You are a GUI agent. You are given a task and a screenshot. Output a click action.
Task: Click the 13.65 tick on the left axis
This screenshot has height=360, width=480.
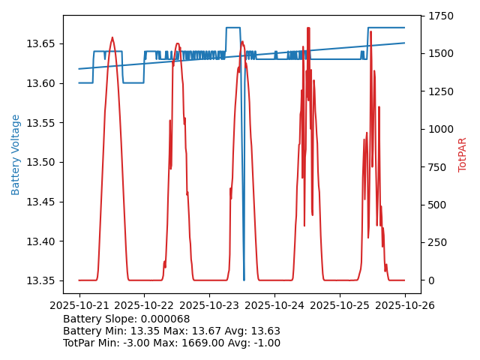tap(43, 43)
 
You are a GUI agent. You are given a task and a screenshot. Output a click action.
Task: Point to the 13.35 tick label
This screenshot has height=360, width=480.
tap(43, 281)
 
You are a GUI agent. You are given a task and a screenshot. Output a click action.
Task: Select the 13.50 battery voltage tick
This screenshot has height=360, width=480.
tap(43, 162)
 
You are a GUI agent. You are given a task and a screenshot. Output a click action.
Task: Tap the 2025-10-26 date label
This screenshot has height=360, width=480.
tap(405, 305)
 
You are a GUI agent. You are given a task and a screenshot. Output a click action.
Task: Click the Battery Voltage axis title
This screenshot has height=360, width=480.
tap(16, 154)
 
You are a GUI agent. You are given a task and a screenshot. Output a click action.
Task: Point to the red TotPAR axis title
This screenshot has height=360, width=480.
tap(463, 154)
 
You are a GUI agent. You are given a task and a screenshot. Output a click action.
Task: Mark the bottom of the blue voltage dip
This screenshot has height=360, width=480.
tap(244, 280)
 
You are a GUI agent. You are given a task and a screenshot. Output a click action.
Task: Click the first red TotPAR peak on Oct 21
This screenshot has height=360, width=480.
tap(112, 37)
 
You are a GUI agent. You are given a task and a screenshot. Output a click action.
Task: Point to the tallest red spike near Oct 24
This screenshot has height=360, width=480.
tap(307, 28)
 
